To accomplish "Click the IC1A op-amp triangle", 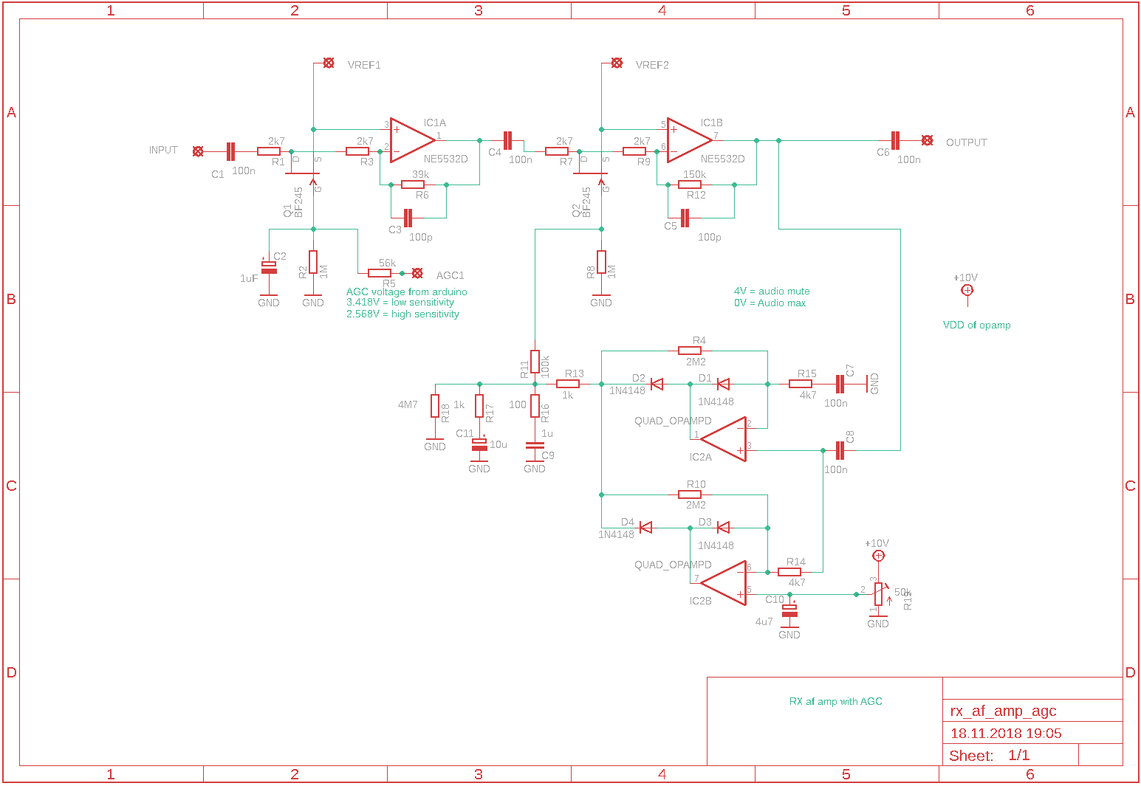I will pyautogui.click(x=411, y=139).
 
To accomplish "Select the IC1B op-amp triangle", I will pyautogui.click(x=688, y=139).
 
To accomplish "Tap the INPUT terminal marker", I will pyautogui.click(x=198, y=151).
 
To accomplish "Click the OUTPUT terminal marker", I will pyautogui.click(x=927, y=140).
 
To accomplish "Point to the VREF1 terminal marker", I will pyautogui.click(x=329, y=63).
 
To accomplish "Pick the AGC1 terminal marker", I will pyautogui.click(x=417, y=273).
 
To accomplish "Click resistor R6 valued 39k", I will pyautogui.click(x=413, y=185).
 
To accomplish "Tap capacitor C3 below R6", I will pyautogui.click(x=408, y=218).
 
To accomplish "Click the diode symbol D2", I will pyautogui.click(x=656, y=384).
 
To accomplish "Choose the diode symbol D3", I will pyautogui.click(x=723, y=527).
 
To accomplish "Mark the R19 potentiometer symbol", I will pyautogui.click(x=878, y=593).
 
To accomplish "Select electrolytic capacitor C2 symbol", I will pyautogui.click(x=269, y=266).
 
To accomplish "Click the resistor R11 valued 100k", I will pyautogui.click(x=535, y=362).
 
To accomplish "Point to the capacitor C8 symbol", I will pyautogui.click(x=840, y=450).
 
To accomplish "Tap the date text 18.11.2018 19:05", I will pyautogui.click(x=1005, y=733).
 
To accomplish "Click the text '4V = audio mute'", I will pyautogui.click(x=771, y=292).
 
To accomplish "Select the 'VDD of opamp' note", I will pyautogui.click(x=976, y=325).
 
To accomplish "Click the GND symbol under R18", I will pyautogui.click(x=435, y=443).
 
